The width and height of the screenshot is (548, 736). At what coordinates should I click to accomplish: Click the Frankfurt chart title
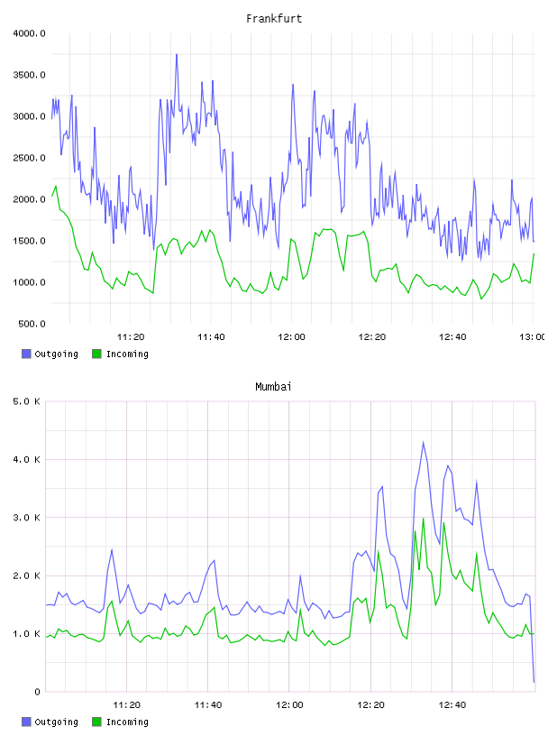coord(274,18)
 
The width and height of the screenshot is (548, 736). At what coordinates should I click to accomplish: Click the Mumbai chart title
coord(273,386)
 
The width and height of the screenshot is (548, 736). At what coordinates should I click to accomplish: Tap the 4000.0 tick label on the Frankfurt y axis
coord(29,33)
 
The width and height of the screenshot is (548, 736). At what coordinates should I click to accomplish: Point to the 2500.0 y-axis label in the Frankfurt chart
coord(29,158)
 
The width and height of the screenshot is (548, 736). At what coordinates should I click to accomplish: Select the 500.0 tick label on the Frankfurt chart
coord(32,324)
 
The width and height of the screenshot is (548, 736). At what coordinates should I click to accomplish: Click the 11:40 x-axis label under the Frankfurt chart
coord(211,336)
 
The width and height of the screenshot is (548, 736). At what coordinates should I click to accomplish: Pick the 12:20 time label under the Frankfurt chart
coord(372,336)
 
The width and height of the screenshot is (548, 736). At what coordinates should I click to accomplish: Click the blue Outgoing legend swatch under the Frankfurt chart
coord(26,354)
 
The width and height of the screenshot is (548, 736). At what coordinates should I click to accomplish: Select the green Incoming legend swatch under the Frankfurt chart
coord(96,354)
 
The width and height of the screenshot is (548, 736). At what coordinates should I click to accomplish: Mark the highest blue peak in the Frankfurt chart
coord(177,54)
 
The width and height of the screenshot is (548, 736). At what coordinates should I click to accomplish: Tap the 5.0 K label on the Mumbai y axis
coord(26,401)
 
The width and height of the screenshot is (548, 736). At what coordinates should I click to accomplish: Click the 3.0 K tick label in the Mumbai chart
coord(26,517)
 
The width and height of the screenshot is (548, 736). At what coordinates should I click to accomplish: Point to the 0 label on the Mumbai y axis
coord(38,692)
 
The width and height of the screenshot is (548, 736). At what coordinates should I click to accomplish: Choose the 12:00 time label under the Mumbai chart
coord(289,704)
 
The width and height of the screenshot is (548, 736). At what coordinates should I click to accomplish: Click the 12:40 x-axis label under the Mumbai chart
coord(452,704)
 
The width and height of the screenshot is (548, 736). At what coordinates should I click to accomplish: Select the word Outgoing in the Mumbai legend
coord(56,722)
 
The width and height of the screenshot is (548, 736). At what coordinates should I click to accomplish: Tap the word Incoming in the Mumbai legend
coord(127,722)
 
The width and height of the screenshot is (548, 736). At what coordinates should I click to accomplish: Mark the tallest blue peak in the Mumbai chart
coord(424,442)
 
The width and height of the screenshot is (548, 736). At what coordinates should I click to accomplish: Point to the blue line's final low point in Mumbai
coord(534,682)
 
